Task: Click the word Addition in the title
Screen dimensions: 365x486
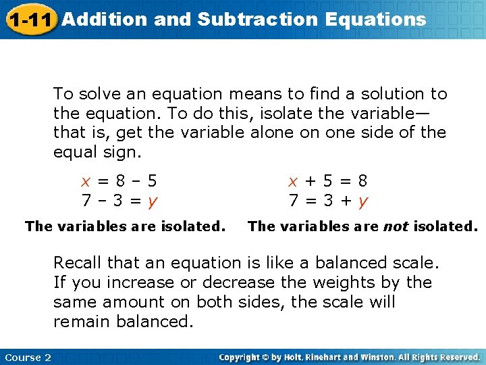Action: coord(105,19)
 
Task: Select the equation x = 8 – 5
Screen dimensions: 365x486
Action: coord(119,181)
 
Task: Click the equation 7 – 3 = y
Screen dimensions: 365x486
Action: coord(119,201)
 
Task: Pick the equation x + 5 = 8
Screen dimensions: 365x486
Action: coord(328,181)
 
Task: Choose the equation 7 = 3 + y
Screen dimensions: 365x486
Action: coord(328,201)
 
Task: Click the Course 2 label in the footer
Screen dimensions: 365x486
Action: coord(28,357)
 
